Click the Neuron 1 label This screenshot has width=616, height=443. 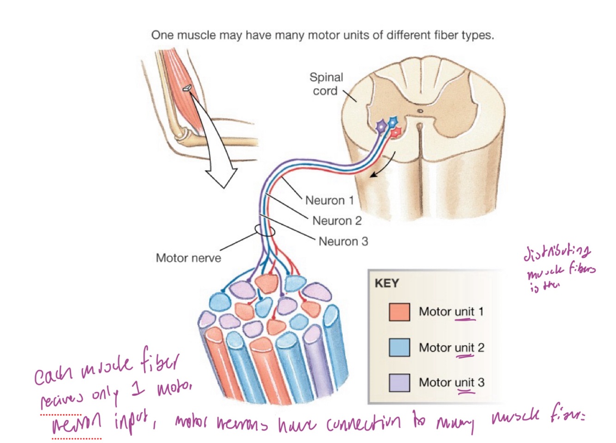pos(329,200)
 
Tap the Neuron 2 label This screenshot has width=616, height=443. pos(337,221)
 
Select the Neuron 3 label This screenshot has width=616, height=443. pos(343,241)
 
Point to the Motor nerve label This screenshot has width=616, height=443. pos(188,257)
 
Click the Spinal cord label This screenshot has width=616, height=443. pos(326,84)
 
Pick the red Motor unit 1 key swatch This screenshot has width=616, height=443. pos(399,312)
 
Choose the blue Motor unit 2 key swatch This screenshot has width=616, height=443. pos(399,347)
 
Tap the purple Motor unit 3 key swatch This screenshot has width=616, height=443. pos(399,382)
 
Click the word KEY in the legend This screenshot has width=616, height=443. pos(387,283)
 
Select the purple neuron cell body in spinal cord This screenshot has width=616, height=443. pos(381,126)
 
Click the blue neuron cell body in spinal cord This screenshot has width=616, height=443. pos(393,122)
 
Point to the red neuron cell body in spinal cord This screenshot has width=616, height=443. pos(396,133)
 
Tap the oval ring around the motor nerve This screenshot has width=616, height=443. pos(265,230)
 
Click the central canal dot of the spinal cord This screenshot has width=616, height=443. pos(420,111)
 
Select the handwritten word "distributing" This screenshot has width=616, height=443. pos(557,252)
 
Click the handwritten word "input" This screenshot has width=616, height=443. pos(131,422)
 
